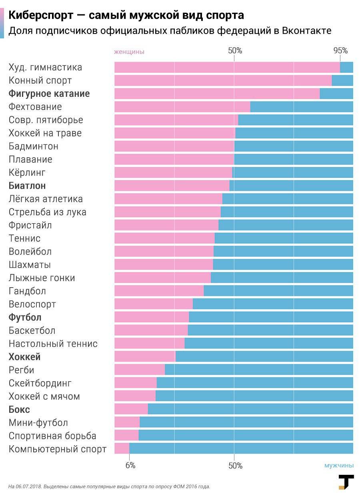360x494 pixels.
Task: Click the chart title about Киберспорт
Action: click(126, 15)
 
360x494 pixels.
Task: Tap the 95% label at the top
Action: click(340, 51)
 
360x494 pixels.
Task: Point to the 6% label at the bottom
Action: click(130, 466)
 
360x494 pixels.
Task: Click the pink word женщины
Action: click(129, 52)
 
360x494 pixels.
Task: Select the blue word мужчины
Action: click(339, 466)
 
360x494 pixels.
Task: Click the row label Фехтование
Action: click(35, 107)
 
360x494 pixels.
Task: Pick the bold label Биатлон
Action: click(27, 186)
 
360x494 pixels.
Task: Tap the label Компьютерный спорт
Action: click(58, 449)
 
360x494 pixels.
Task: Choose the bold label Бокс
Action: click(19, 410)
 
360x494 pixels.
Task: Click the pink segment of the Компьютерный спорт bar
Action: click(122, 448)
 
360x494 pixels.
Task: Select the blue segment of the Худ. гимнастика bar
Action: click(346, 67)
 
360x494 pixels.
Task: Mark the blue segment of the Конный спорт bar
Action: click(342, 80)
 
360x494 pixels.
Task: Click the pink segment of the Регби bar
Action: click(139, 370)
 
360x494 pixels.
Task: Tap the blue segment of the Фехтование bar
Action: click(302, 107)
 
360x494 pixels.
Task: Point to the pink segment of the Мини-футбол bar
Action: click(127, 422)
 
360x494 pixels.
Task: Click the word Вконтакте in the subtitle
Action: click(306, 31)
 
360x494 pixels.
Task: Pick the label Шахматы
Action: click(30, 265)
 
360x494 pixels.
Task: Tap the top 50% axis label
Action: click(235, 51)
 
